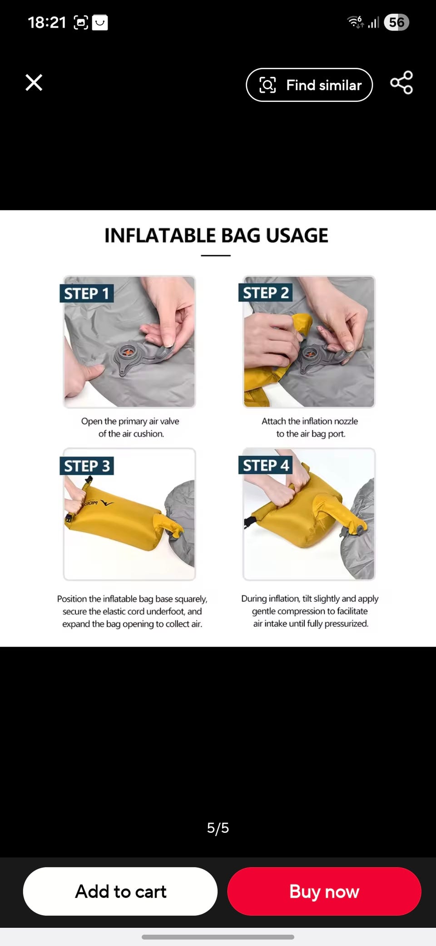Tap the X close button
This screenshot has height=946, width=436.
34,83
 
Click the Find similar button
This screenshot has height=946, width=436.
309,85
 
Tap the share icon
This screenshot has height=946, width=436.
401,83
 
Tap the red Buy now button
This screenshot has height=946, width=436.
324,891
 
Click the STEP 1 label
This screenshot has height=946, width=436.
87,294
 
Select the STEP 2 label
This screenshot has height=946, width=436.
266,293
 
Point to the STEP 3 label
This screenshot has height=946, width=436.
87,466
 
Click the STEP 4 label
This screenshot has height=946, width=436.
266,465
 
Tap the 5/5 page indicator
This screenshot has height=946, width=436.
218,828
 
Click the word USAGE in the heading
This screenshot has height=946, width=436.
297,236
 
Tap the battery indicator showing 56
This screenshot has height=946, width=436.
396,22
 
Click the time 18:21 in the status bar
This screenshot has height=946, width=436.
47,22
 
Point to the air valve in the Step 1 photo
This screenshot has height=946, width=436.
129,352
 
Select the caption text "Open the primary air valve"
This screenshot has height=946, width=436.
130,421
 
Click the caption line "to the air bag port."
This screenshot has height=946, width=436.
311,434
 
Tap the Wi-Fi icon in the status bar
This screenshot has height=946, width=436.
355,22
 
